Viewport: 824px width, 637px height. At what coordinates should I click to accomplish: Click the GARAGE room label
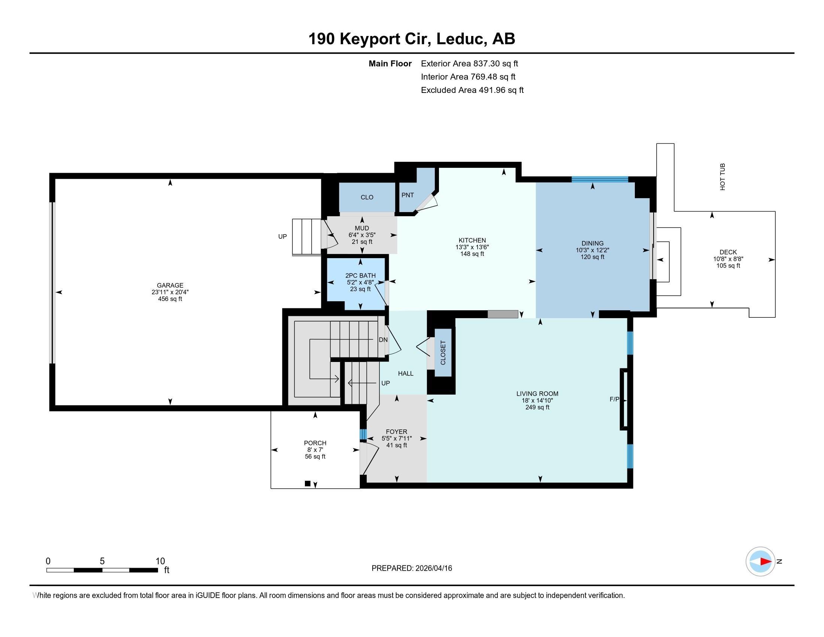(x=170, y=285)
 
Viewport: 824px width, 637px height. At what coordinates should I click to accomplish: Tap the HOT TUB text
(x=722, y=176)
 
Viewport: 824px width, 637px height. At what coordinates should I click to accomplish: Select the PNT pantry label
(x=408, y=195)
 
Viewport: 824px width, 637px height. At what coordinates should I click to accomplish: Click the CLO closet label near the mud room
(x=367, y=197)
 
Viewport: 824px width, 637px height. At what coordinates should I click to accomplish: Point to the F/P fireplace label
(x=614, y=399)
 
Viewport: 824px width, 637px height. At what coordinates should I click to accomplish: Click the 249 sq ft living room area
(x=537, y=408)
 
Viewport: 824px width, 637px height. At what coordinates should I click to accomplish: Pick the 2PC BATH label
(x=360, y=275)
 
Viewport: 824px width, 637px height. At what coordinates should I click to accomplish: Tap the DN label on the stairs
(x=383, y=339)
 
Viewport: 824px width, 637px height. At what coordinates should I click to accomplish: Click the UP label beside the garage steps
(x=282, y=236)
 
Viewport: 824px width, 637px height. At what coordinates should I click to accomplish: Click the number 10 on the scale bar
(x=160, y=561)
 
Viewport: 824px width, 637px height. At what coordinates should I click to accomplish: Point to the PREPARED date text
(x=412, y=568)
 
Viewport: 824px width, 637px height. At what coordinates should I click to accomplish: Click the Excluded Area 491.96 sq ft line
(x=472, y=90)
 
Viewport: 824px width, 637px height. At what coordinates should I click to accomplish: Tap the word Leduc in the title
(x=461, y=39)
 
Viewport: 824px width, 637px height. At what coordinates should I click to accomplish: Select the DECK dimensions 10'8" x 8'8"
(x=728, y=259)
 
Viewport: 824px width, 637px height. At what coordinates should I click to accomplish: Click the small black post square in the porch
(x=308, y=483)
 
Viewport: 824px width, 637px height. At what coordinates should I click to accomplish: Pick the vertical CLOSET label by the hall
(x=443, y=353)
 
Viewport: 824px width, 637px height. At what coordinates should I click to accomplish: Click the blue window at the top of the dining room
(x=600, y=179)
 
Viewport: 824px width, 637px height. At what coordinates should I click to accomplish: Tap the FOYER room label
(x=396, y=432)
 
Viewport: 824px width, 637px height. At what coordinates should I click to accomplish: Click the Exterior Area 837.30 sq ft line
(x=469, y=64)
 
